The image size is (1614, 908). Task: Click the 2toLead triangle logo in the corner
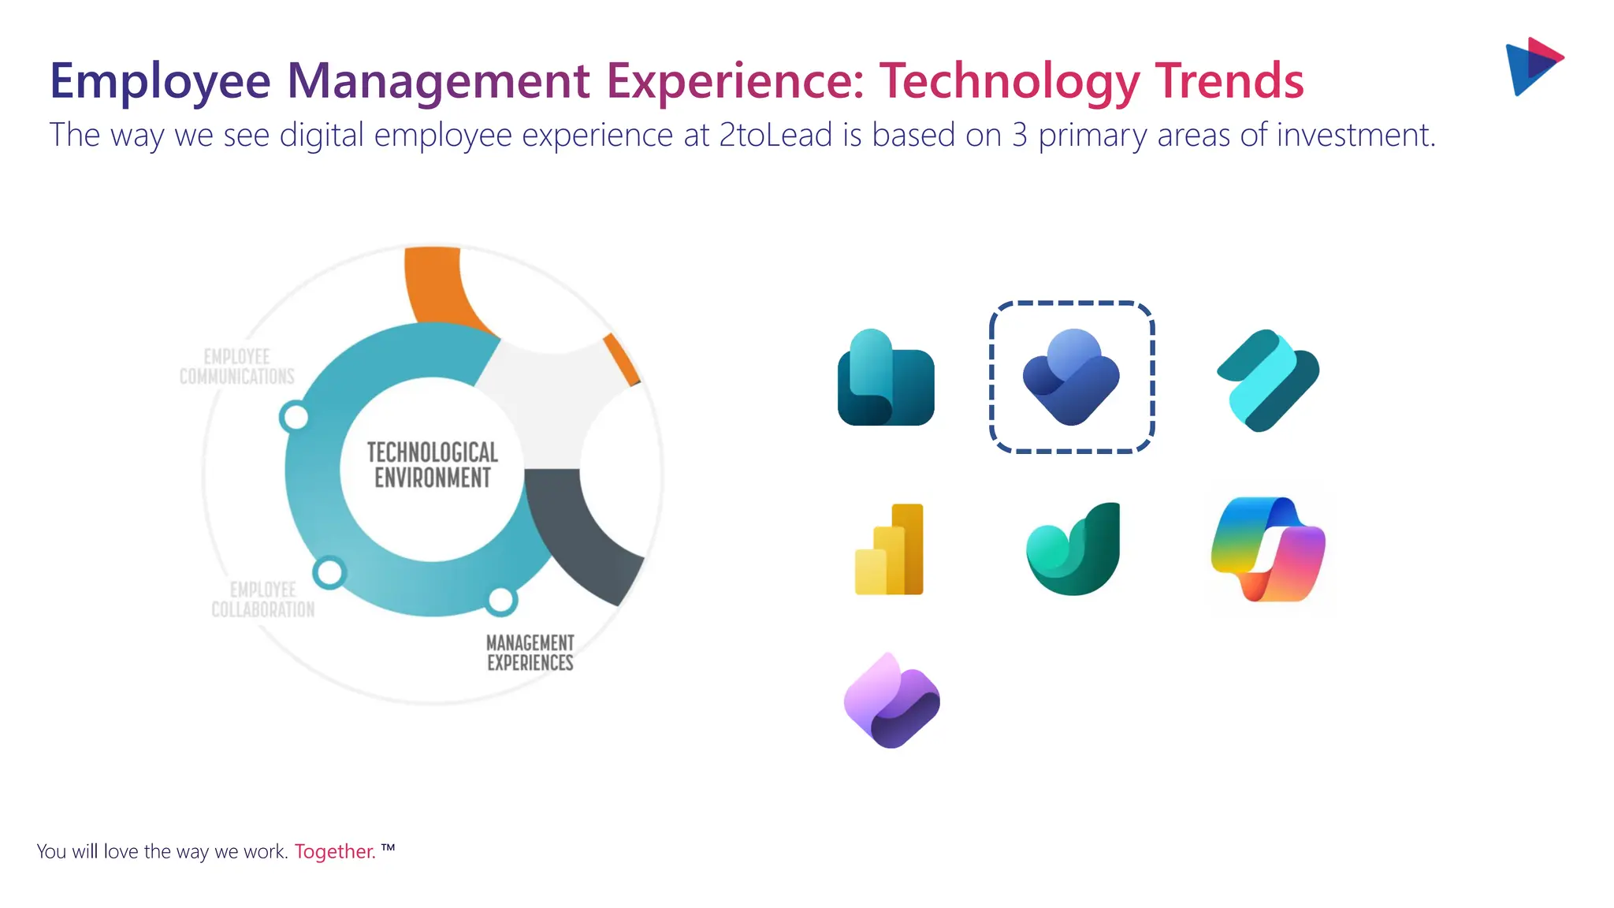click(1533, 66)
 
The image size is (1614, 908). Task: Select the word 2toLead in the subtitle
click(775, 135)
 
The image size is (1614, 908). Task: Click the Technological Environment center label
click(432, 464)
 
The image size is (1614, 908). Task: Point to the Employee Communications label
click(236, 367)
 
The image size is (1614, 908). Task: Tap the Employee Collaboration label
click(262, 599)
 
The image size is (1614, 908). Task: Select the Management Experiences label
click(530, 653)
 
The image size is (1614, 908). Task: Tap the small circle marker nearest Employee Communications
click(295, 416)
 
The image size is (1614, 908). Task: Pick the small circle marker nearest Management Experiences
click(500, 601)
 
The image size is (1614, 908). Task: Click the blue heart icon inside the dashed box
click(1071, 377)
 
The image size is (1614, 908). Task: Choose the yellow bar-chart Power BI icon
click(890, 549)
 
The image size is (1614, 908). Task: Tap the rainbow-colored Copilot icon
click(1267, 549)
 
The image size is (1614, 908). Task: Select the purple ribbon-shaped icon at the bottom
click(891, 701)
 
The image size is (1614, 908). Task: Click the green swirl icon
click(1073, 549)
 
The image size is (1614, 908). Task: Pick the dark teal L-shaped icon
click(885, 379)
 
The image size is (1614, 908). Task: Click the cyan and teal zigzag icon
click(1267, 380)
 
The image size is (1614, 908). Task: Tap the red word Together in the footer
click(334, 851)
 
